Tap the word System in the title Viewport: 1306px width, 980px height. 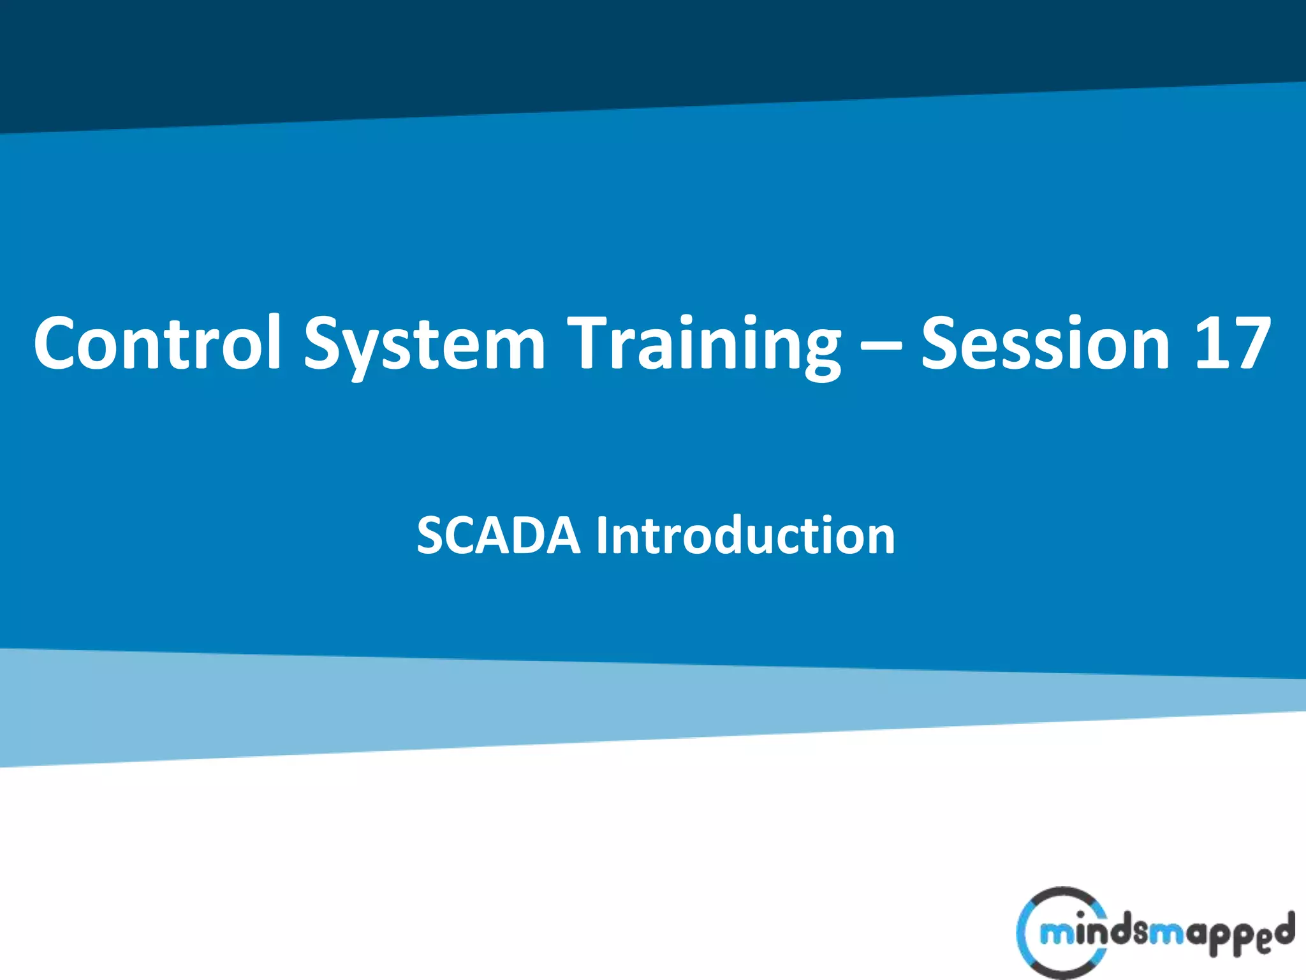point(424,345)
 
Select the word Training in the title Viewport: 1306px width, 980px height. point(705,345)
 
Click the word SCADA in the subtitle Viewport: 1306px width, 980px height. point(498,535)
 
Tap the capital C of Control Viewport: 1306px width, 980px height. point(61,343)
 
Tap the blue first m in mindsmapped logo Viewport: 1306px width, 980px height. point(1054,934)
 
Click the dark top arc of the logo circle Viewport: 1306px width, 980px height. point(1062,893)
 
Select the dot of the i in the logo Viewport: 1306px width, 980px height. point(1080,914)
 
